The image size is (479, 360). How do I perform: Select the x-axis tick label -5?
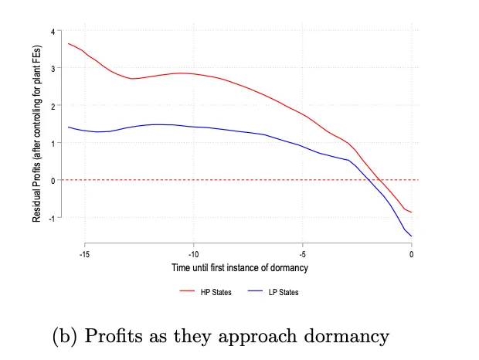(303, 253)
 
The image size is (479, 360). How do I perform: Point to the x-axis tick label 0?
(412, 253)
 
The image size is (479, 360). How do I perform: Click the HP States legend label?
(216, 292)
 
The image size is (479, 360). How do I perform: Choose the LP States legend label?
(284, 292)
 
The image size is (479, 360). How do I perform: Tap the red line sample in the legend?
(186, 292)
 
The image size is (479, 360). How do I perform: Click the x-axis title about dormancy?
(239, 267)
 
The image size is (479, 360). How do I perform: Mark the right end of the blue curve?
(412, 236)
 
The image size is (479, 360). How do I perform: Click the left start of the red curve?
(69, 43)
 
